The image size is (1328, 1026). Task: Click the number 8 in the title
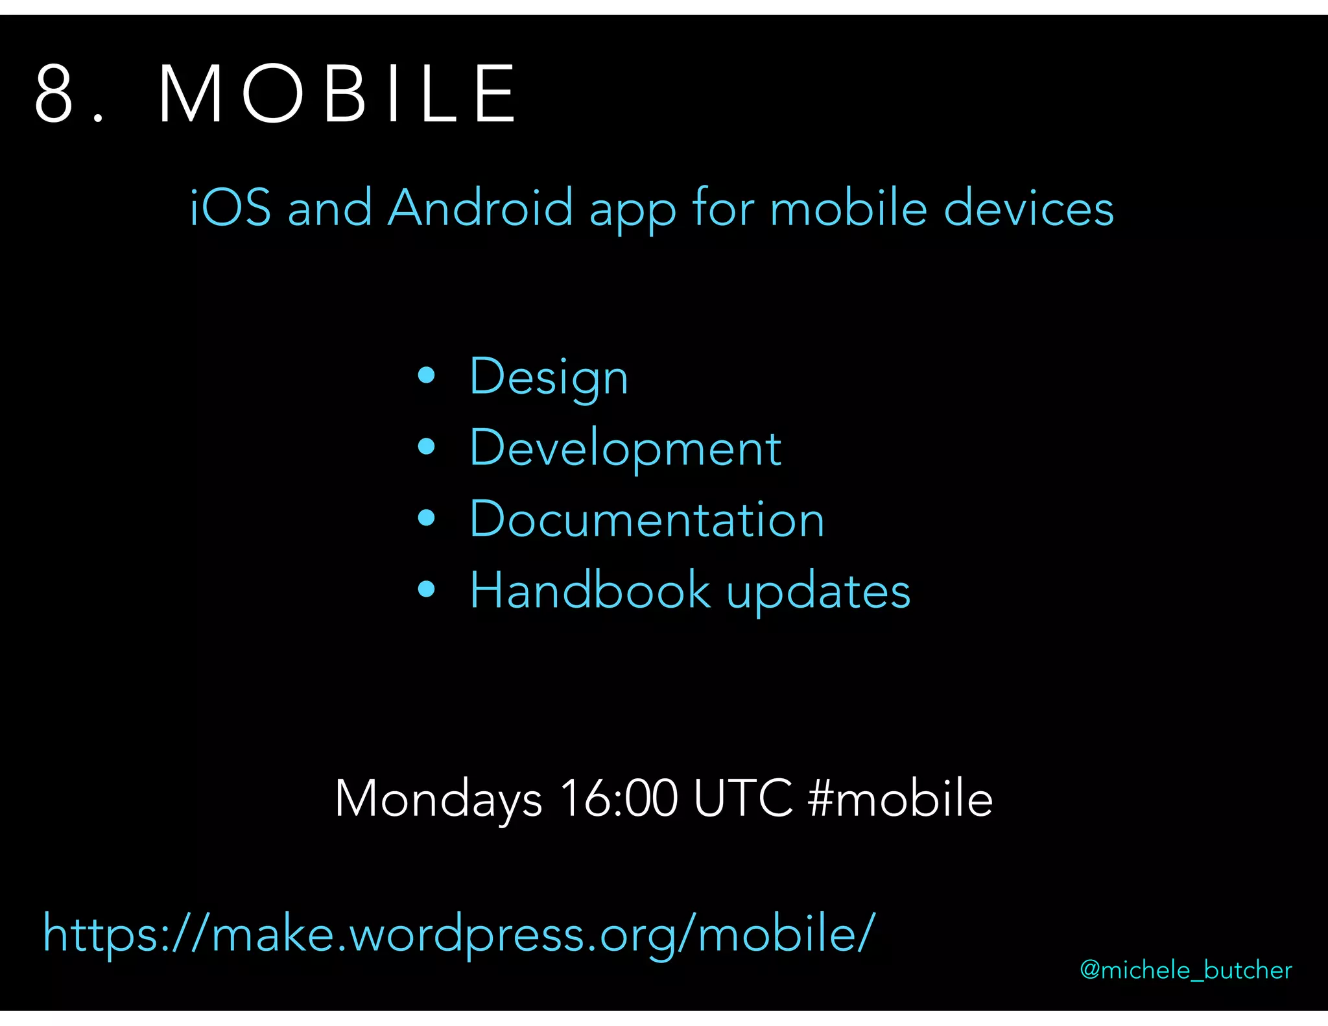pyautogui.click(x=54, y=93)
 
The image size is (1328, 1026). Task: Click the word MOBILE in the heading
pyautogui.click(x=337, y=93)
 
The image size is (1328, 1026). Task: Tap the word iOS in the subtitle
pyautogui.click(x=230, y=208)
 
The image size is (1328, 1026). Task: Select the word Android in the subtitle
pyautogui.click(x=480, y=208)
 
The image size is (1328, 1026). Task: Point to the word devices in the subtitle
pyautogui.click(x=1028, y=208)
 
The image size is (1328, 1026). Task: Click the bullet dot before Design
pyautogui.click(x=426, y=375)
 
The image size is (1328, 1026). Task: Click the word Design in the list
pyautogui.click(x=549, y=377)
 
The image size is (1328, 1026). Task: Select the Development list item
pyautogui.click(x=625, y=447)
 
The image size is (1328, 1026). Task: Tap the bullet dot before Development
pyautogui.click(x=426, y=446)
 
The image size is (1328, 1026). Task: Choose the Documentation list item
pyautogui.click(x=646, y=519)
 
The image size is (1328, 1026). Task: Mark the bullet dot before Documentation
pyautogui.click(x=426, y=518)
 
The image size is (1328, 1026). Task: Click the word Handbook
pyautogui.click(x=590, y=590)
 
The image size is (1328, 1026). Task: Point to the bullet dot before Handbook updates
pyautogui.click(x=426, y=589)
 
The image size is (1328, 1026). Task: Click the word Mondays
pyautogui.click(x=438, y=799)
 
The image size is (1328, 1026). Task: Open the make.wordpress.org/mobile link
pyautogui.click(x=459, y=934)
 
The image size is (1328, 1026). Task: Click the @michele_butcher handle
pyautogui.click(x=1185, y=970)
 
